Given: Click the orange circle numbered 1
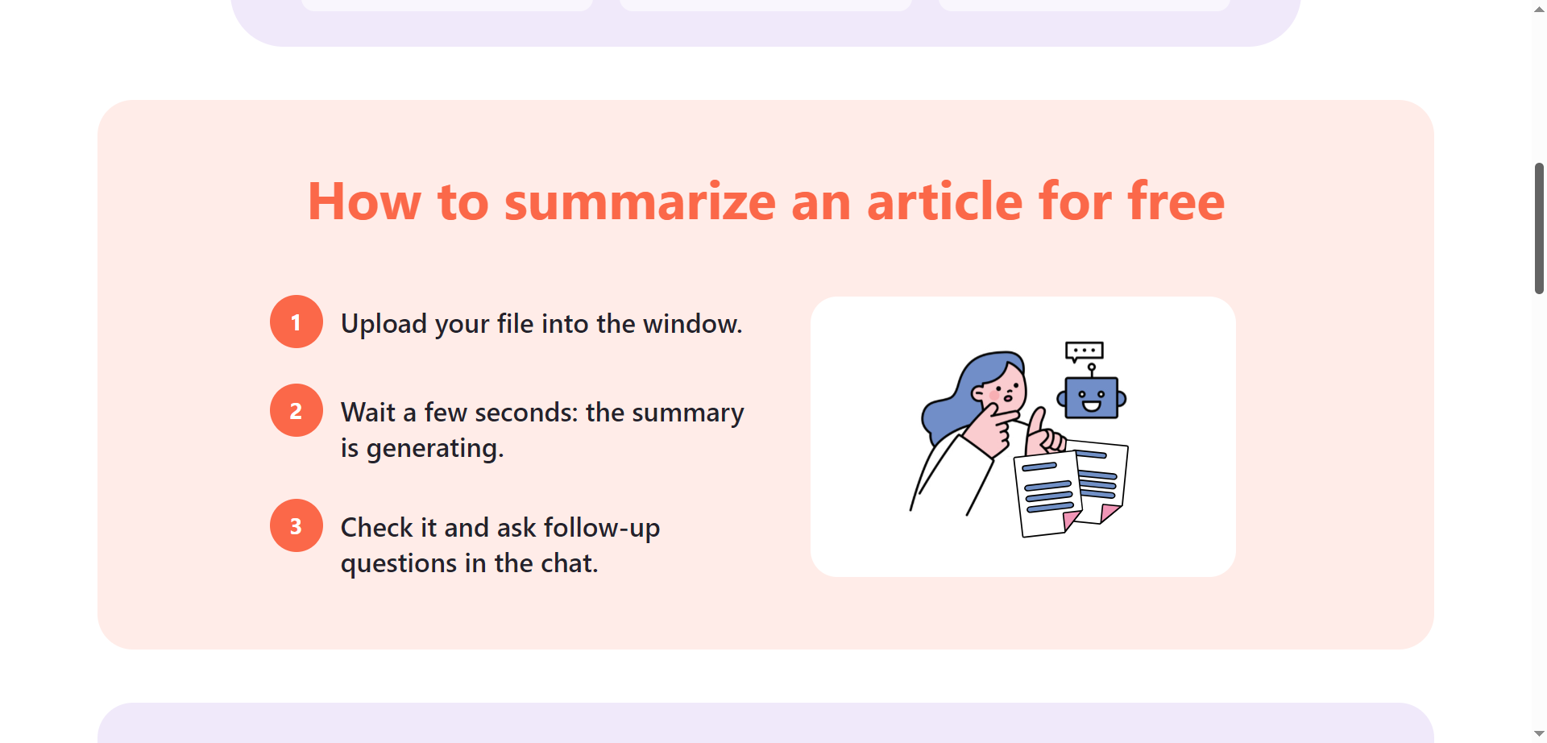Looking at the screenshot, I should [x=296, y=322].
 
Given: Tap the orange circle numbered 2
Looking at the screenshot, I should [x=296, y=410].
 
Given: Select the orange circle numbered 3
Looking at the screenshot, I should [x=296, y=525].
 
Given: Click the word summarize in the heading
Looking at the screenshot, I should [x=640, y=201].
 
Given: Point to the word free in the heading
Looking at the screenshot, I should [x=1176, y=201].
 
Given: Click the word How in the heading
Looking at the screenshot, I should [x=364, y=201].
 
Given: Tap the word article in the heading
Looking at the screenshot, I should [x=944, y=201].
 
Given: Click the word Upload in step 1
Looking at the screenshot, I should [x=384, y=324].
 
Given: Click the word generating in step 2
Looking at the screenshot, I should [x=435, y=449].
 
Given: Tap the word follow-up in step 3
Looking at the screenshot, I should [x=602, y=528].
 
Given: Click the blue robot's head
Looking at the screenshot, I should [x=1091, y=398].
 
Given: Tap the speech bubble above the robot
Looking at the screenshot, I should [x=1084, y=351].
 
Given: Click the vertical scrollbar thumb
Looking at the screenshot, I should [x=1539, y=228].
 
